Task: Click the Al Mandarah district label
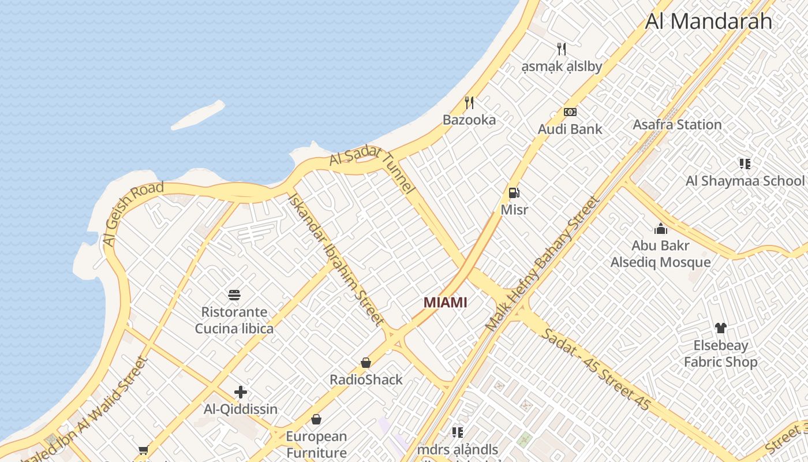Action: tap(708, 21)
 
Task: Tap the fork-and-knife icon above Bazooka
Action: tap(469, 103)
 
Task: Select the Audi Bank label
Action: tap(570, 129)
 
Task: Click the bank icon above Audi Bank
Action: tap(570, 112)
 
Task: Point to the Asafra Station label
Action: tap(677, 124)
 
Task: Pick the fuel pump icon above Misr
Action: tap(514, 193)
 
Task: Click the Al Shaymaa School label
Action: tap(745, 181)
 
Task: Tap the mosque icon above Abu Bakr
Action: tap(661, 229)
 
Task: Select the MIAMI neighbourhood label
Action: tap(445, 302)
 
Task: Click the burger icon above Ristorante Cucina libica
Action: tap(234, 295)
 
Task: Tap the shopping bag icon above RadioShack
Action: tap(366, 363)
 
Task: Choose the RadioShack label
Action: tap(366, 379)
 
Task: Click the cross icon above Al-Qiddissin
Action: tap(241, 393)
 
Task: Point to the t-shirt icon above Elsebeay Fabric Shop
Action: tap(720, 328)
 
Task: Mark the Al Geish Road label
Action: tap(133, 213)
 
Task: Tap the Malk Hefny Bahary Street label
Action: tap(543, 263)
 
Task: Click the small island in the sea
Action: tap(198, 115)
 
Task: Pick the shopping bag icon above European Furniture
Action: tap(316, 419)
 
